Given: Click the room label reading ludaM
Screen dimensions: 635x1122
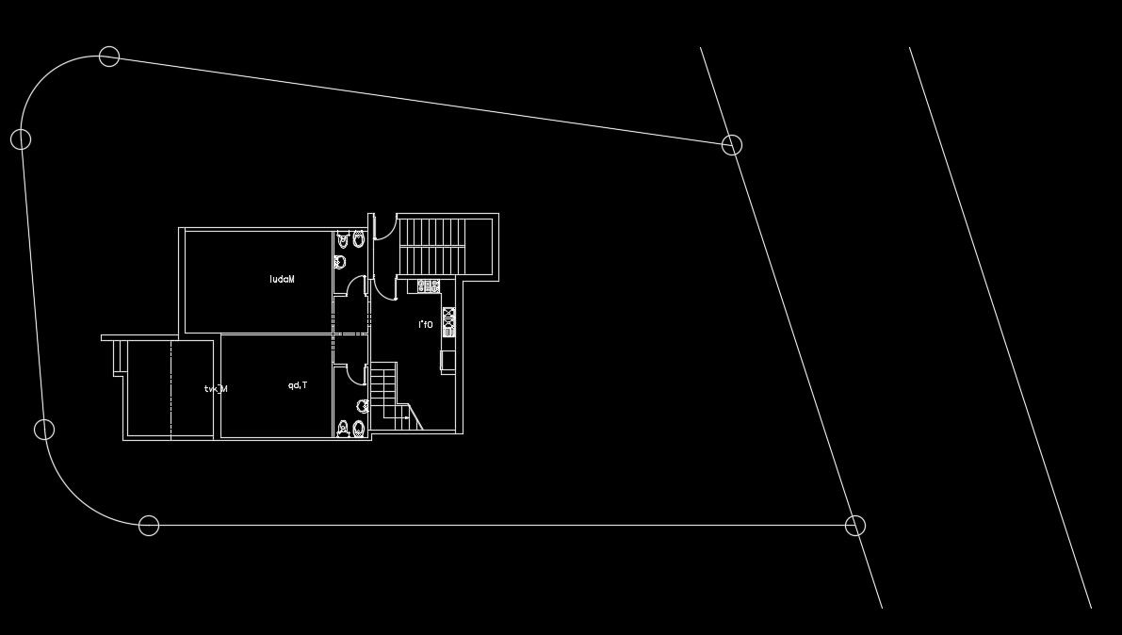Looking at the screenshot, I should point(283,280).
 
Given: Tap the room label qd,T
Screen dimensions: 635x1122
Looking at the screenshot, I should point(299,385).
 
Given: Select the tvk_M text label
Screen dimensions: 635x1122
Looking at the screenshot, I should point(216,388).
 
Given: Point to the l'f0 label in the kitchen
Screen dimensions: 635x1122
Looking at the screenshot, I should point(426,325).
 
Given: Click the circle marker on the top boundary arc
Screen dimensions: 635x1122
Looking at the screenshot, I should point(109,57).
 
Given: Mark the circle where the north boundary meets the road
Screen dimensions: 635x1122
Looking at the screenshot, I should point(732,144).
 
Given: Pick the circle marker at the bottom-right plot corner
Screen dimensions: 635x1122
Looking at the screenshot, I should point(854,525).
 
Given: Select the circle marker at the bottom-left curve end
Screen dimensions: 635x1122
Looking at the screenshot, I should point(149,525).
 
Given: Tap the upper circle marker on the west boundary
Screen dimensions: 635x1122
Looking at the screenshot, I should point(21,139).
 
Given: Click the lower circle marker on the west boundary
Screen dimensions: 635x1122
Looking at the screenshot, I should point(44,430).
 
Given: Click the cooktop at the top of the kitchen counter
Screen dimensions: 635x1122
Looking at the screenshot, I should point(430,285).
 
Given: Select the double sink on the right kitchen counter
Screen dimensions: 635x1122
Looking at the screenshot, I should point(448,322).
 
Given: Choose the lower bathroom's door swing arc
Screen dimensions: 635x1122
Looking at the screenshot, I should point(356,375).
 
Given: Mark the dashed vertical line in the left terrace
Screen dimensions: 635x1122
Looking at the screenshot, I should point(171,389).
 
